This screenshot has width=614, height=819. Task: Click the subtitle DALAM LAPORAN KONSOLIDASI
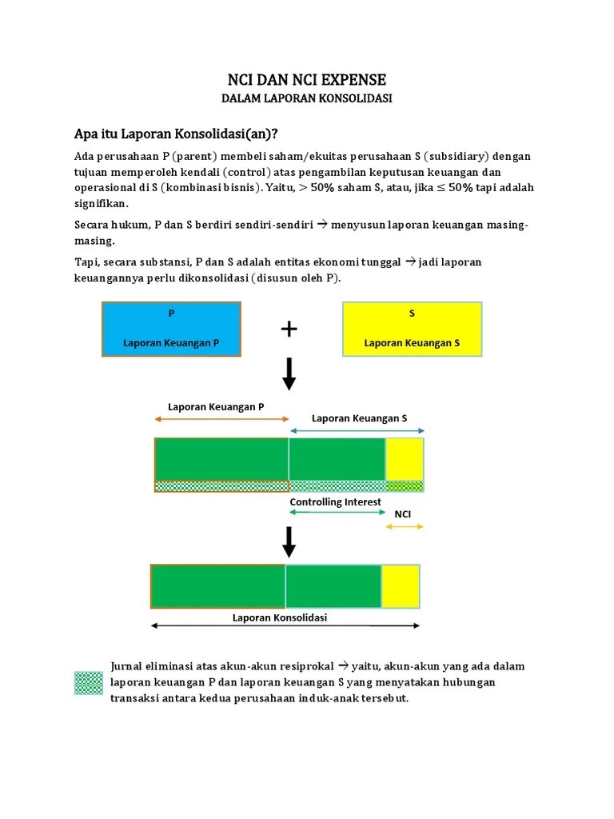[307, 98]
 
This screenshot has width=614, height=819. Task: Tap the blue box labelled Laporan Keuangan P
[171, 329]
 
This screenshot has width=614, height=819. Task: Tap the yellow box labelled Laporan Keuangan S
[412, 329]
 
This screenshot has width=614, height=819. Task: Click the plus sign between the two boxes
[289, 329]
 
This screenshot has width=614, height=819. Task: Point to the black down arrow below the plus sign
[289, 373]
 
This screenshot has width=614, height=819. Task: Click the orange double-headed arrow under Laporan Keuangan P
[221, 418]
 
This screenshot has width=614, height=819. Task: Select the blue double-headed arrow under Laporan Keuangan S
[357, 430]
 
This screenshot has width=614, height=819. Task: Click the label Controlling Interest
[335, 501]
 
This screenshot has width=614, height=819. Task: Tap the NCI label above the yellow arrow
[403, 513]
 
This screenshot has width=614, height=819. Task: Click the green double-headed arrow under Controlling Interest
[336, 512]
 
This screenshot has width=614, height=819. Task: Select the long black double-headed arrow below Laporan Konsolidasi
[285, 627]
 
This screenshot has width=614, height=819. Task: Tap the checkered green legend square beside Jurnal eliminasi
[89, 682]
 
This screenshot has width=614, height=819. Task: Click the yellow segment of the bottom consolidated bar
[400, 586]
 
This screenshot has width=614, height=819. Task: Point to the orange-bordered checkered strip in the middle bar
[221, 485]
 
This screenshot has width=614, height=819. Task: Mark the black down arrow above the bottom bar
[289, 541]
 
